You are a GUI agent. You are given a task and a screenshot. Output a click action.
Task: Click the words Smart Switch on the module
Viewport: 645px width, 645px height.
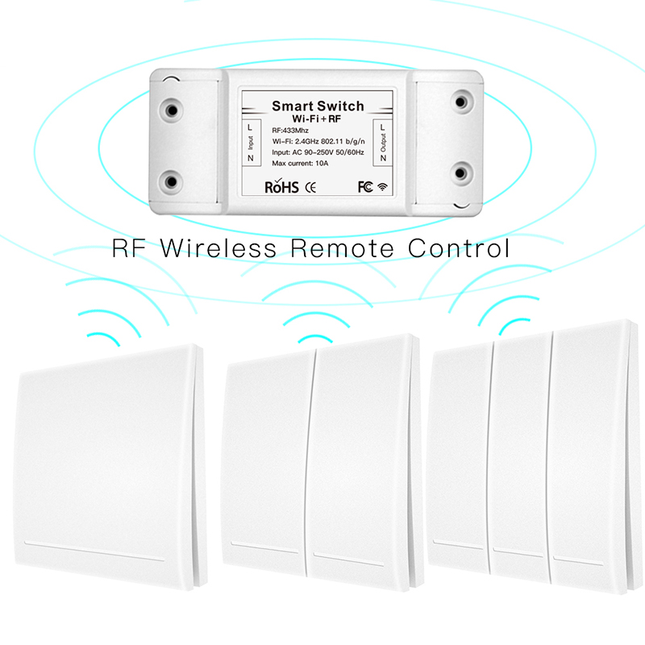318,106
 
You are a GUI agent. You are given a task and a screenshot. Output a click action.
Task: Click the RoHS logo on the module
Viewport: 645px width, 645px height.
281,187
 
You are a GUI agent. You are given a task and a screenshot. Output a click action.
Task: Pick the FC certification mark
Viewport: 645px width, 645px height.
365,187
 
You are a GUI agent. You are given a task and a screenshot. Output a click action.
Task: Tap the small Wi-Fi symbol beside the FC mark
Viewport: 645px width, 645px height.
382,187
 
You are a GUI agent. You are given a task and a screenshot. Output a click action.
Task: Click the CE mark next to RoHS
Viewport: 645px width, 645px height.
310,187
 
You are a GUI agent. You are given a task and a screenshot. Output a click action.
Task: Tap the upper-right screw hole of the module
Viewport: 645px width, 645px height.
461,102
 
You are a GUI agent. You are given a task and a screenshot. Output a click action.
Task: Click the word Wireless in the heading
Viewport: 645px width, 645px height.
220,248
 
